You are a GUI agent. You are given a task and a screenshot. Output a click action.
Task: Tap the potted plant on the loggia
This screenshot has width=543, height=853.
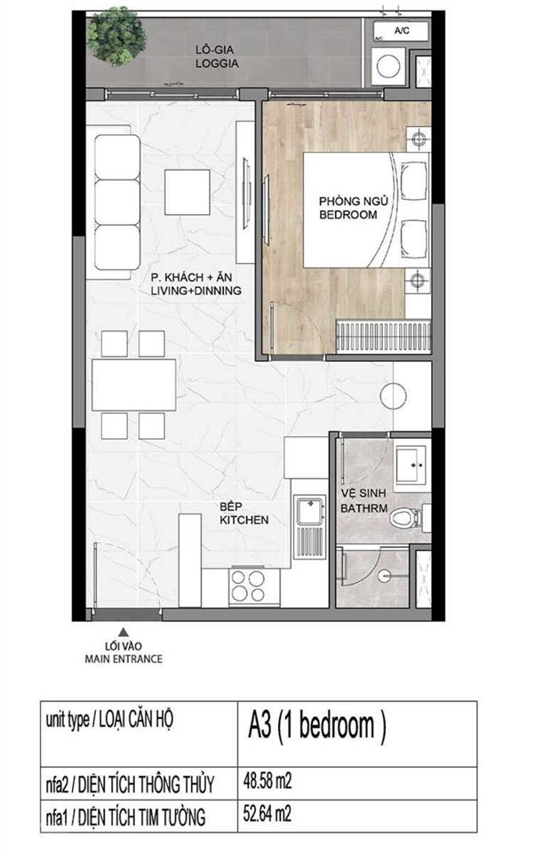[x=116, y=36]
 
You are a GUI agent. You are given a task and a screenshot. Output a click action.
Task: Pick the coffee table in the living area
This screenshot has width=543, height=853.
[x=187, y=192]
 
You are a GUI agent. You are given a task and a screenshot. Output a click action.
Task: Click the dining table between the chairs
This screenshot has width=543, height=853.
[x=134, y=385]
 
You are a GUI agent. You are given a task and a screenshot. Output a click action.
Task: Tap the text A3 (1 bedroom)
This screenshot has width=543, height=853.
[x=316, y=727]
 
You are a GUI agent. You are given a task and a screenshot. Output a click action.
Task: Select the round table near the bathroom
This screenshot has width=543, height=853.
[x=393, y=397]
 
